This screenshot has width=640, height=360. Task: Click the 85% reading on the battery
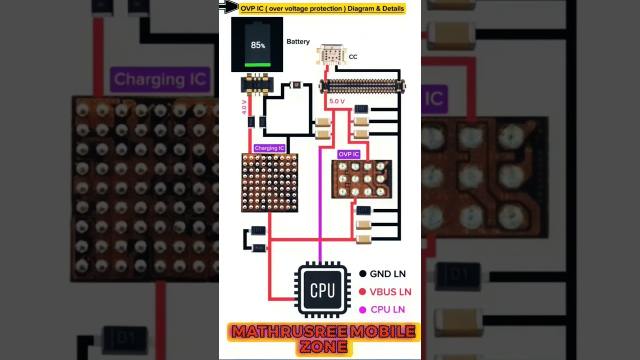tap(258, 45)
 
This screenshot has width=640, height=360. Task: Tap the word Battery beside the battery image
tap(298, 41)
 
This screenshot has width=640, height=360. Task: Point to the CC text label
tap(353, 57)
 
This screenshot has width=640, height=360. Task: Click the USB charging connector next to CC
tap(331, 55)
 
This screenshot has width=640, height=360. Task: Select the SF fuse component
tap(296, 85)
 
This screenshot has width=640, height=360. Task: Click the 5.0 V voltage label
tap(337, 101)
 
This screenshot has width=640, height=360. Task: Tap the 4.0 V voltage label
tap(244, 106)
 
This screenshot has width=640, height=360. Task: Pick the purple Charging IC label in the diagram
tap(269, 148)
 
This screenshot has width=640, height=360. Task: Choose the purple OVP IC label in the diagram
tap(348, 154)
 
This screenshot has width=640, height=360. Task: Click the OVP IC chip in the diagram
tap(361, 179)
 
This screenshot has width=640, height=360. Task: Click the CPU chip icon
tap(322, 290)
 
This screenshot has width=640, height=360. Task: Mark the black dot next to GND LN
tap(362, 274)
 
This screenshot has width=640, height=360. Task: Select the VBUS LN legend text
tap(390, 292)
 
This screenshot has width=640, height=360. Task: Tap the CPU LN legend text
tap(387, 310)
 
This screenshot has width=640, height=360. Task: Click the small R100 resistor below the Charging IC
tap(259, 248)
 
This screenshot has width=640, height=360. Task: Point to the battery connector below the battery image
tap(257, 84)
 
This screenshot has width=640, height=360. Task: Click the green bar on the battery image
tap(257, 64)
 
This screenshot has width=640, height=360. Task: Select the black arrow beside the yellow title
tap(229, 6)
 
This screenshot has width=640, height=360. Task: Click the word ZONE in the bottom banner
tap(324, 346)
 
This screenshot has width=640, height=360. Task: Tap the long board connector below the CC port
tap(362, 86)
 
